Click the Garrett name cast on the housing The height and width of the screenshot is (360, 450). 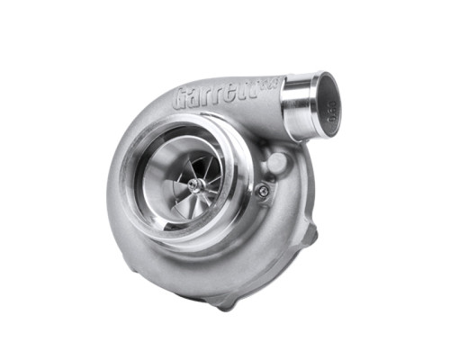[216, 94]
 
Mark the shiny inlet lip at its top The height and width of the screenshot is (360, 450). [193, 138]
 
